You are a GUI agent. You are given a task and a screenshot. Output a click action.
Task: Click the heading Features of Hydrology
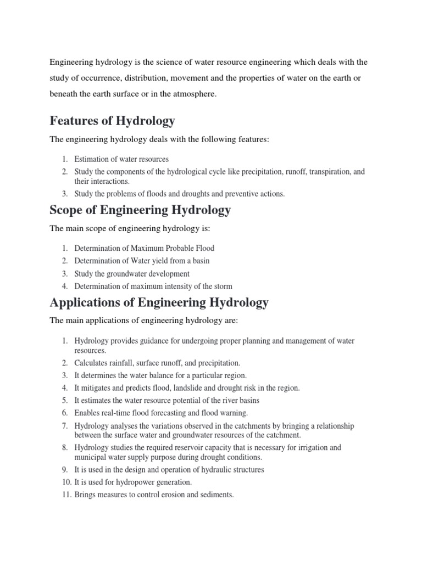point(112,120)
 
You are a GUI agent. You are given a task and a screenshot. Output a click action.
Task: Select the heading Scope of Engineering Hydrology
point(140,210)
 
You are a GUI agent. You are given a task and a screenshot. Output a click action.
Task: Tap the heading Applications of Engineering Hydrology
point(159,302)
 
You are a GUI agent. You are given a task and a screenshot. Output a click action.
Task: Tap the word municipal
point(91,457)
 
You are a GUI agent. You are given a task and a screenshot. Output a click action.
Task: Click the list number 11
point(65,494)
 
